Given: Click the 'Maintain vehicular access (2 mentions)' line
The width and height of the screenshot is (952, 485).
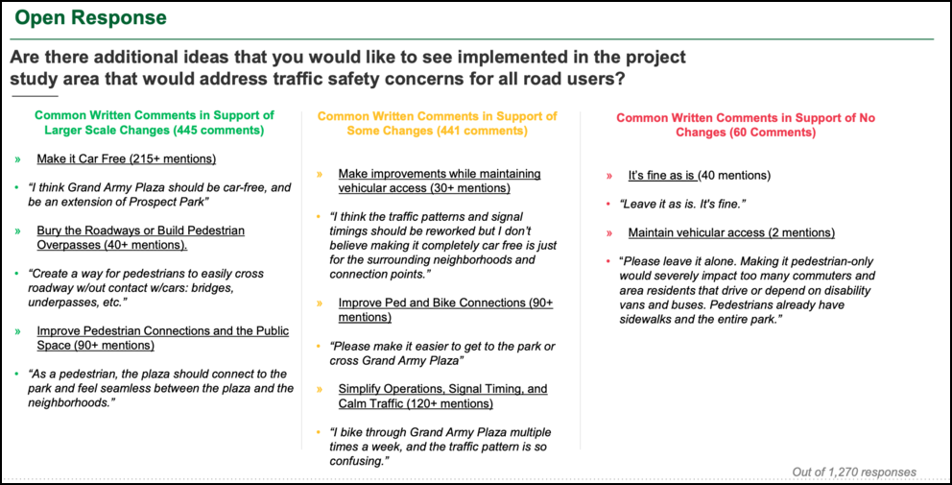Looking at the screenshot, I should pyautogui.click(x=731, y=232).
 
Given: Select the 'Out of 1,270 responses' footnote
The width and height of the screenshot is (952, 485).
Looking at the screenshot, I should pyautogui.click(x=854, y=472).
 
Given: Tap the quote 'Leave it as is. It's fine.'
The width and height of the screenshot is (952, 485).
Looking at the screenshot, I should pyautogui.click(x=682, y=204).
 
